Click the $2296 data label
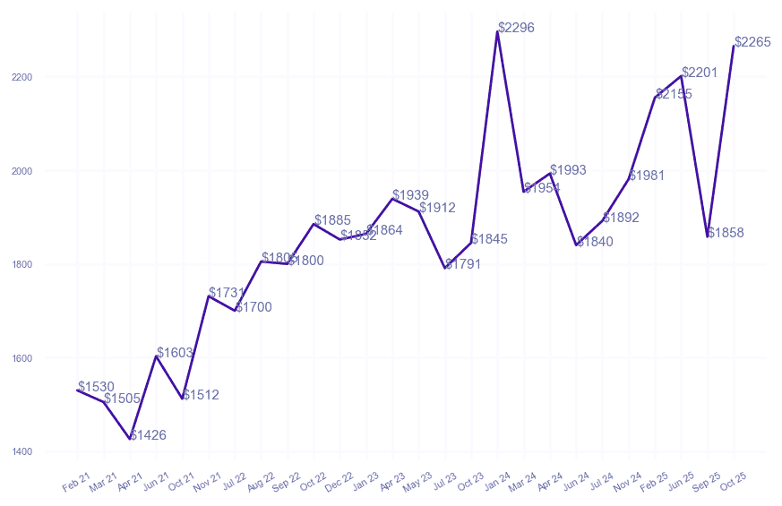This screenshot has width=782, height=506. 516,28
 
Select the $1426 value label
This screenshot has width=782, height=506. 148,435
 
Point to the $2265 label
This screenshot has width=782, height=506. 752,42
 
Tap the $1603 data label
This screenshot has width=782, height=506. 175,353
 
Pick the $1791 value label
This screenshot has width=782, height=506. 463,264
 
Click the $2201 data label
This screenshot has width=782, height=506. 700,73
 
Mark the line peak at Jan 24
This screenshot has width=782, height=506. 497,31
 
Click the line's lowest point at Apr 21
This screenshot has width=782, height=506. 130,439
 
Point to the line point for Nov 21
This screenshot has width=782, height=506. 209,296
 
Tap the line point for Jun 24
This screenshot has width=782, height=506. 576,244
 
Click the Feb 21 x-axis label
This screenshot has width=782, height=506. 77,483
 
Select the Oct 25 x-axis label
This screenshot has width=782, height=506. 733,483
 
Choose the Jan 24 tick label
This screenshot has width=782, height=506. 497,483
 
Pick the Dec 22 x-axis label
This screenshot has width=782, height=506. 339,483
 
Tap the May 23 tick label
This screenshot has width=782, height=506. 418,483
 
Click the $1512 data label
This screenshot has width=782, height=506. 201,395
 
